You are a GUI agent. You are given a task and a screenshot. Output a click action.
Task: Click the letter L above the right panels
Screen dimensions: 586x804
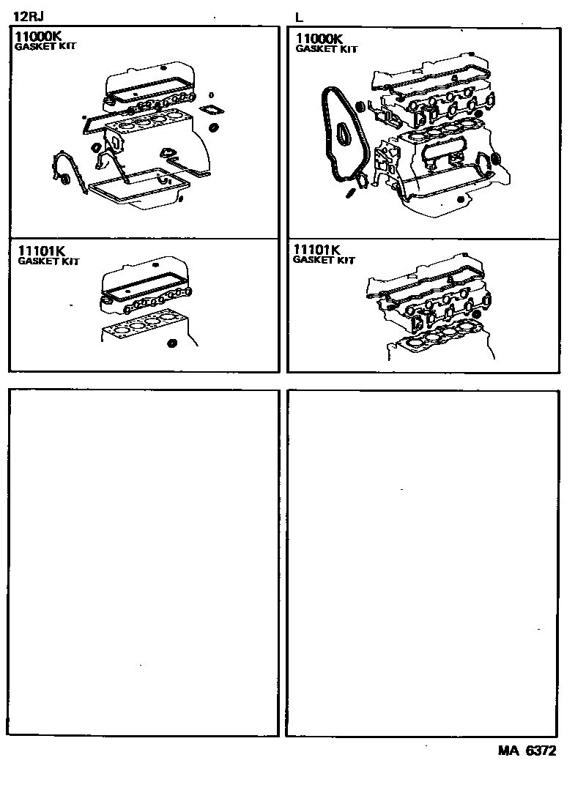point(298,17)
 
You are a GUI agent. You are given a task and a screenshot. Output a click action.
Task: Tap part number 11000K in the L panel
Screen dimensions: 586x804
point(319,39)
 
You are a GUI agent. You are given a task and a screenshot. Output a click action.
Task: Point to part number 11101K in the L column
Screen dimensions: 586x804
point(317,250)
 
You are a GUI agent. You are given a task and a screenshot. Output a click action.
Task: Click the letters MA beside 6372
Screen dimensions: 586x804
point(508,751)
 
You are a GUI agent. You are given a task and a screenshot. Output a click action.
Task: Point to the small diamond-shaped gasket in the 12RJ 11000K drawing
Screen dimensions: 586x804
point(212,111)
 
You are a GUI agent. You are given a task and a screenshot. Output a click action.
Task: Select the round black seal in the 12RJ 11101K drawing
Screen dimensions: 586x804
point(172,343)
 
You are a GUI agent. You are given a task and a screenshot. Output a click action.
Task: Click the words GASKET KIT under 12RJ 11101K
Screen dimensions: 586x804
point(48,261)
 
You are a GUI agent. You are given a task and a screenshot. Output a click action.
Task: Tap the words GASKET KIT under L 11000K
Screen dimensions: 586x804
point(326,49)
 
